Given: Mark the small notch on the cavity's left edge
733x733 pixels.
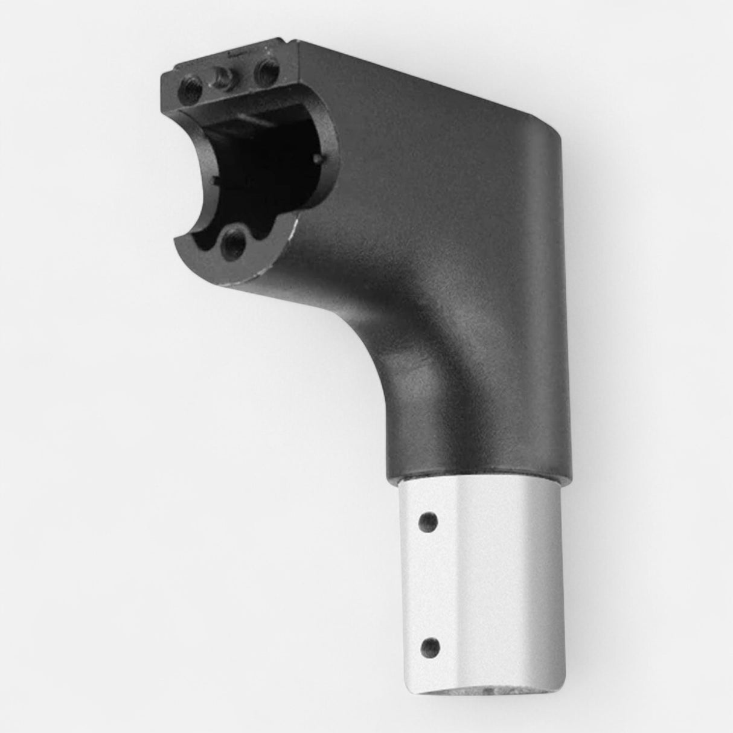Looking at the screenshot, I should tap(216, 180).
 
